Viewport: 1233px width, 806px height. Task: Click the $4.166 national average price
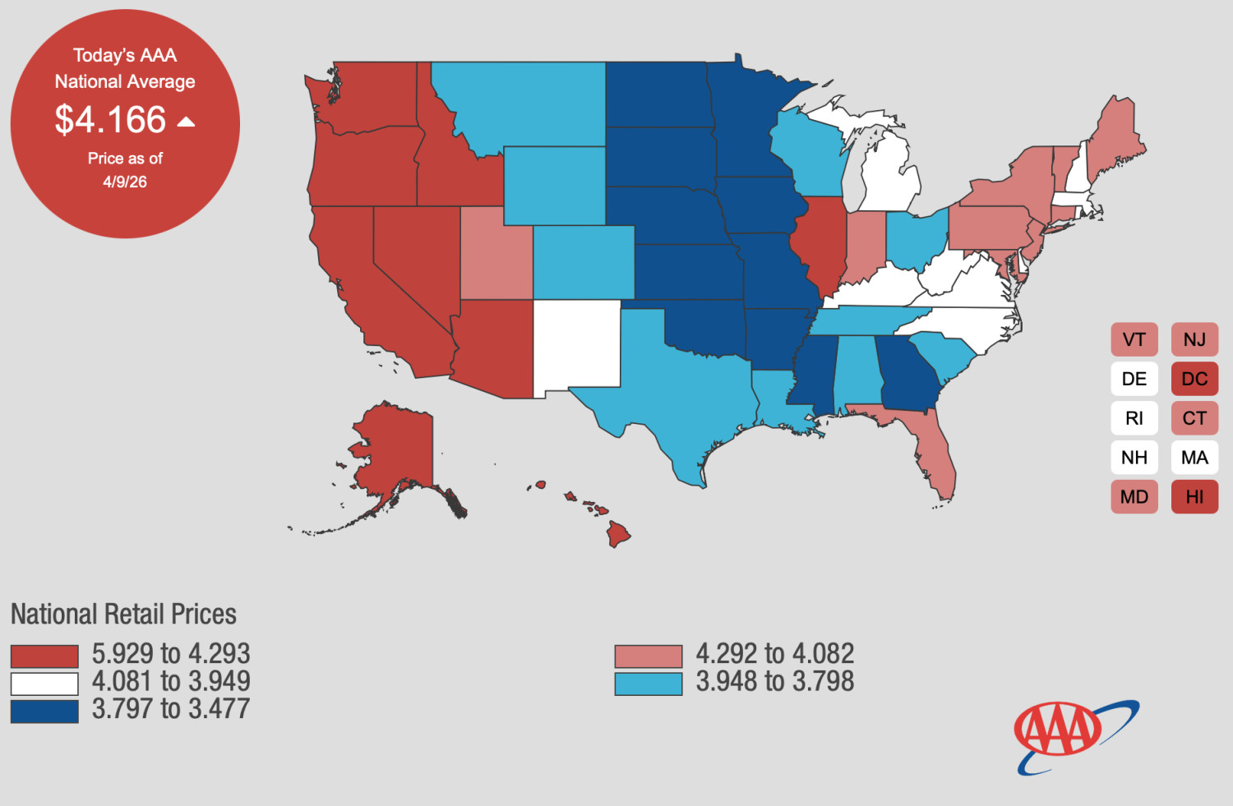point(110,119)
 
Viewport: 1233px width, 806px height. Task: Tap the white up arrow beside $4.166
point(186,122)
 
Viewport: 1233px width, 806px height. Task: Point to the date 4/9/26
point(125,182)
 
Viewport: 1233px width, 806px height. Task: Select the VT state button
point(1134,339)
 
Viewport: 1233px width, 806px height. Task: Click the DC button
point(1194,379)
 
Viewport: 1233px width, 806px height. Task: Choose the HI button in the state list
point(1194,497)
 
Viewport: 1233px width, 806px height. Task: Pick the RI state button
point(1134,418)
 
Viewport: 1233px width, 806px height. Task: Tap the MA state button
point(1194,457)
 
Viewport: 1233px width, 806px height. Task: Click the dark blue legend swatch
point(44,711)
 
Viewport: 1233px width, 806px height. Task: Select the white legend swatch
point(44,684)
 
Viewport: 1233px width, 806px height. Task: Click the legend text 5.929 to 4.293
point(171,654)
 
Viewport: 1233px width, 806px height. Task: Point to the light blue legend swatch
point(649,684)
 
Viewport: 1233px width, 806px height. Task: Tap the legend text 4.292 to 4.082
point(775,654)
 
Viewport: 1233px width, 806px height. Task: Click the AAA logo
point(1076,737)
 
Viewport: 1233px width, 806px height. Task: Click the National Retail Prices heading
point(123,614)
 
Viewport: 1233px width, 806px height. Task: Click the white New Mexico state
point(577,344)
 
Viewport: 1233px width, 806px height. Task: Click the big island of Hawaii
point(618,534)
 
